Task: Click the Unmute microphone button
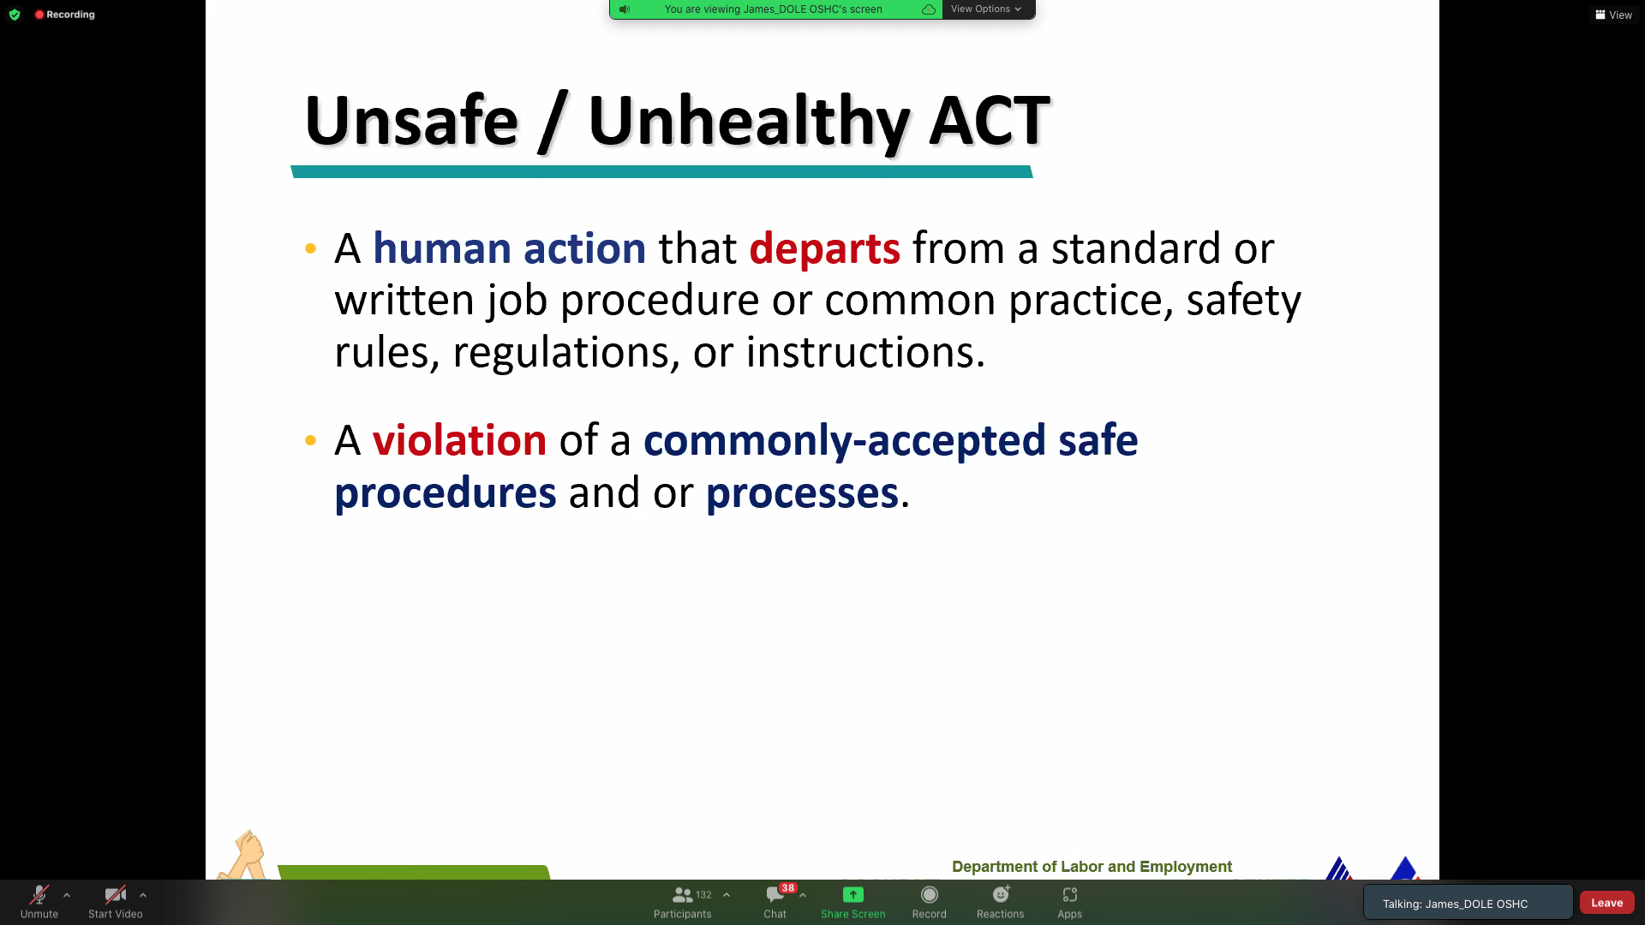pyautogui.click(x=39, y=902)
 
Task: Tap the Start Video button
pyautogui.click(x=116, y=902)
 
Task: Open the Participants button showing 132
pyautogui.click(x=683, y=902)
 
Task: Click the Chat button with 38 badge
pyautogui.click(x=775, y=902)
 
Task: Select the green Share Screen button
pyautogui.click(x=853, y=902)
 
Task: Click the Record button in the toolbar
pyautogui.click(x=930, y=902)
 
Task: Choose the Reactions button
pyautogui.click(x=1001, y=902)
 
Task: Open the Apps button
pyautogui.click(x=1070, y=902)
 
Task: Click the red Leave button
pyautogui.click(x=1607, y=903)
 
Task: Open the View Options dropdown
pyautogui.click(x=987, y=9)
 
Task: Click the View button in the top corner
pyautogui.click(x=1614, y=15)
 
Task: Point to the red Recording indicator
pyautogui.click(x=65, y=15)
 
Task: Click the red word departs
pyautogui.click(x=824, y=249)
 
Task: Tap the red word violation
pyautogui.click(x=459, y=440)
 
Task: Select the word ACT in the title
pyautogui.click(x=990, y=120)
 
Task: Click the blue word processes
pyautogui.click(x=802, y=494)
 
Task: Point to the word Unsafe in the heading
pyautogui.click(x=411, y=120)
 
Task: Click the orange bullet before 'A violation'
pyautogui.click(x=310, y=441)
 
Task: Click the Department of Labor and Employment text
pyautogui.click(x=1092, y=867)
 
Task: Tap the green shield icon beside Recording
pyautogui.click(x=15, y=15)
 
